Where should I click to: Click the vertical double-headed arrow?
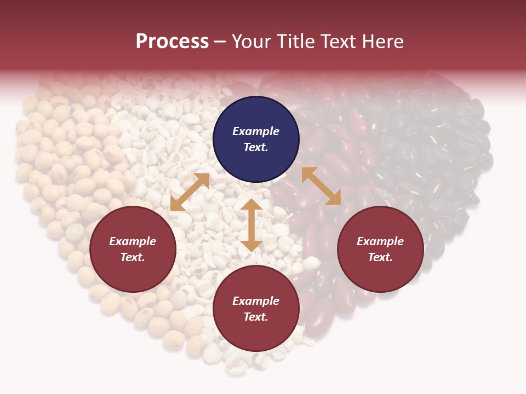(251, 225)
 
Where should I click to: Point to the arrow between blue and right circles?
(321, 186)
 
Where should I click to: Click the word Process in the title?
(172, 42)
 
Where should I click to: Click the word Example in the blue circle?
(256, 131)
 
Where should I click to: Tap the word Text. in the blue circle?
(256, 147)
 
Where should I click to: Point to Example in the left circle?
(133, 241)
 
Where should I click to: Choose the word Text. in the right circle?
(380, 257)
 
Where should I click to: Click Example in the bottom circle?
(256, 301)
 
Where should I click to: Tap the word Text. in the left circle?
(133, 257)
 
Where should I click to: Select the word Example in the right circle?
(380, 241)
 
